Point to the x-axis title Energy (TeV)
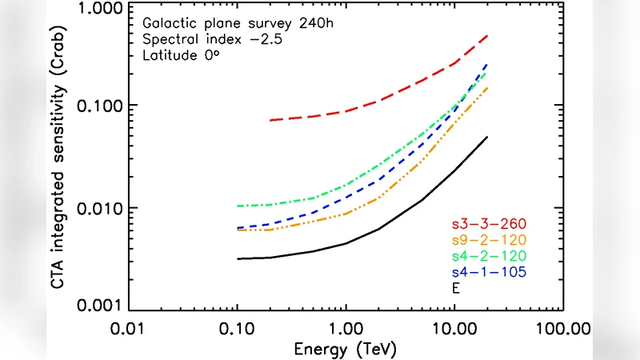click(346, 349)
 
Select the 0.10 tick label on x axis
click(237, 328)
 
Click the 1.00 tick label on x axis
click(346, 328)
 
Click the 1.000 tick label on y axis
click(103, 9)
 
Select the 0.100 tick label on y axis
click(103, 106)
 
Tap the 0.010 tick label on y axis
click(103, 209)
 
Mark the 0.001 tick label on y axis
click(103, 306)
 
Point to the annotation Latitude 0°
click(177, 56)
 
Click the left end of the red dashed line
click(270, 120)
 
